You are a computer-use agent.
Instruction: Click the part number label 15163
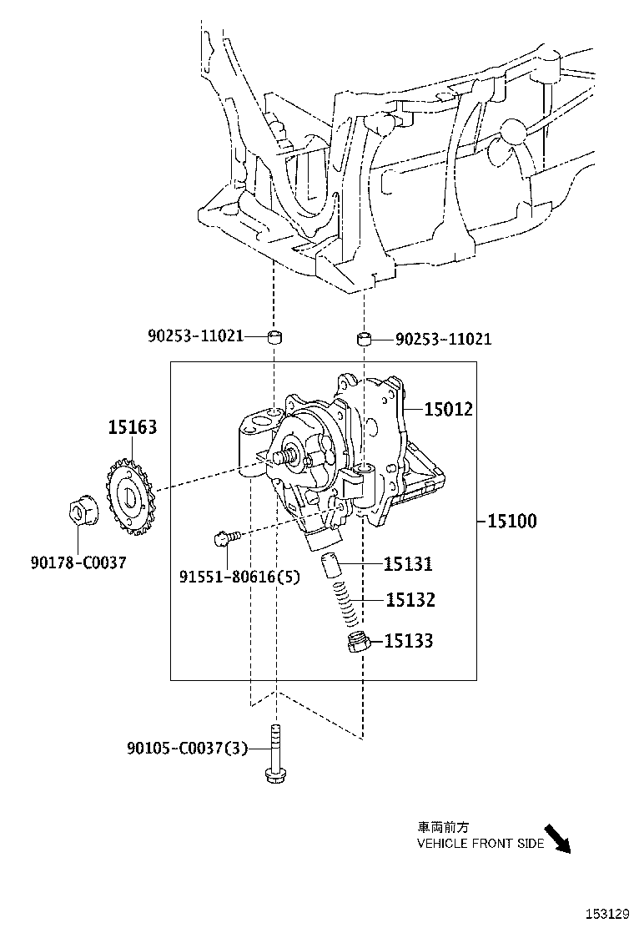pyautogui.click(x=132, y=427)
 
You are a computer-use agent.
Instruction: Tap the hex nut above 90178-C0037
pyautogui.click(x=82, y=512)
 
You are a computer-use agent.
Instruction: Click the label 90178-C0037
pyautogui.click(x=78, y=562)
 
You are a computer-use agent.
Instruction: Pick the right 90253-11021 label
pyautogui.click(x=443, y=339)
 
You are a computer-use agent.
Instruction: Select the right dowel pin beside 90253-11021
pyautogui.click(x=363, y=339)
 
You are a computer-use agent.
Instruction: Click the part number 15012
pyautogui.click(x=448, y=409)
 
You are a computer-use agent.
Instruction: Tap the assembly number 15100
pyautogui.click(x=511, y=521)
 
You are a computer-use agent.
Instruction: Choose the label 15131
pyautogui.click(x=408, y=565)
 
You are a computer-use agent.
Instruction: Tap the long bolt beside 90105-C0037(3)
pyautogui.click(x=274, y=754)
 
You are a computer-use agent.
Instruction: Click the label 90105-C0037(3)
pyautogui.click(x=188, y=749)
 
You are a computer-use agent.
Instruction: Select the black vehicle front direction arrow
pyautogui.click(x=560, y=840)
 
